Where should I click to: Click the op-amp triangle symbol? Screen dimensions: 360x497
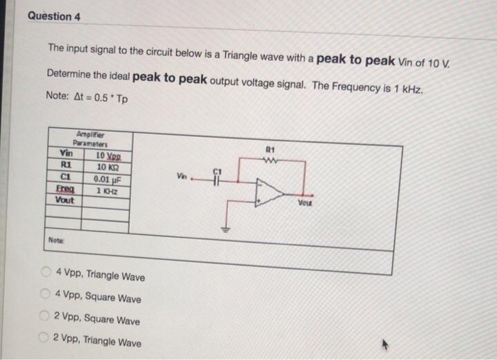[x=268, y=192]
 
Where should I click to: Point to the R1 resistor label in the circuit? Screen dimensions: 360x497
[x=268, y=151]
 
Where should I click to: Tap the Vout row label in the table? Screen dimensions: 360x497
[x=65, y=200]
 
